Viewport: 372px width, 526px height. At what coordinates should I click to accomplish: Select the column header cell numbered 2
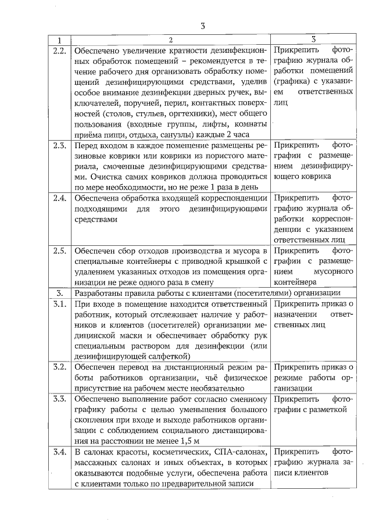pyautogui.click(x=170, y=40)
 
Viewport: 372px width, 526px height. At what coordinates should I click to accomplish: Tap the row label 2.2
pyautogui.click(x=59, y=51)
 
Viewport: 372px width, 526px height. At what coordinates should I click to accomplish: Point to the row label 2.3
pyautogui.click(x=59, y=145)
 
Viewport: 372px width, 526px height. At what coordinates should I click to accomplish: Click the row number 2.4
pyautogui.click(x=59, y=199)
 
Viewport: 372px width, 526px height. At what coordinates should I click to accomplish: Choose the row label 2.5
pyautogui.click(x=59, y=251)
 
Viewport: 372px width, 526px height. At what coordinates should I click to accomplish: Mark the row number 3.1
pyautogui.click(x=59, y=304)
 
